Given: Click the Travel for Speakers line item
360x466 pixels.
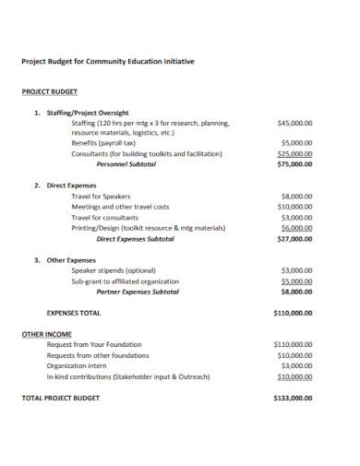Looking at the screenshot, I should pos(102,197).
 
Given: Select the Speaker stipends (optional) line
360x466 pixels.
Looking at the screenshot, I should pos(114,270).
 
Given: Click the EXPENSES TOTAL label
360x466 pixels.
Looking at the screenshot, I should pos(74,314).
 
